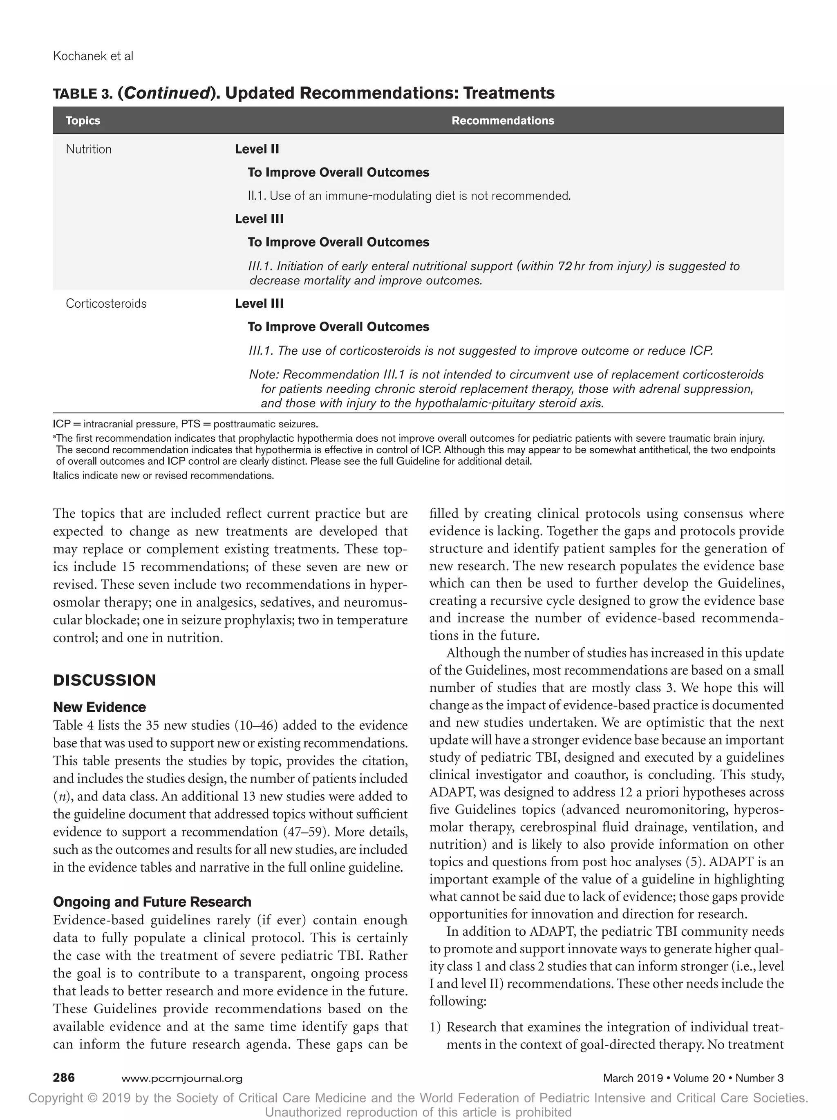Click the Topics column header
point(83,121)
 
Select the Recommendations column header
point(502,121)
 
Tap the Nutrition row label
point(89,150)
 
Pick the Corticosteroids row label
point(106,304)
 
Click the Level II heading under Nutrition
point(257,150)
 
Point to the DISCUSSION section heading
point(104,680)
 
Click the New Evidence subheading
point(99,707)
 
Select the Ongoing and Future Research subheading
point(152,902)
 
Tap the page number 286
point(64,1078)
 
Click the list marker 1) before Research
point(436,1027)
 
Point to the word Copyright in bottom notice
point(56,1098)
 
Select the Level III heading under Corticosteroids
point(259,304)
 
